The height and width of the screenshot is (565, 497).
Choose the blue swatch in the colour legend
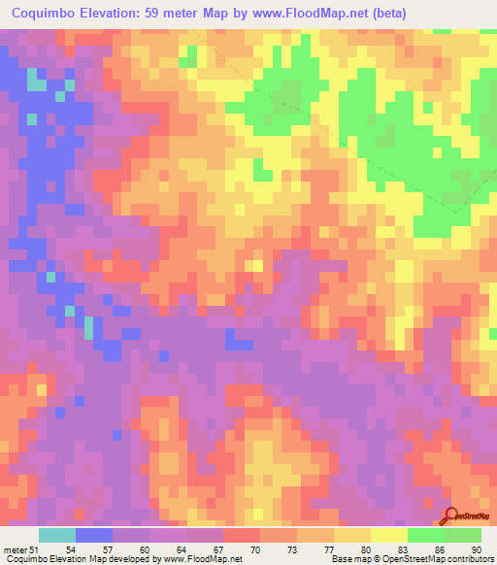[93, 535]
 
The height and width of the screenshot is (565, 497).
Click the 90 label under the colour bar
[475, 549]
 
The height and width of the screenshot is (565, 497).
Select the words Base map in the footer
[349, 559]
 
